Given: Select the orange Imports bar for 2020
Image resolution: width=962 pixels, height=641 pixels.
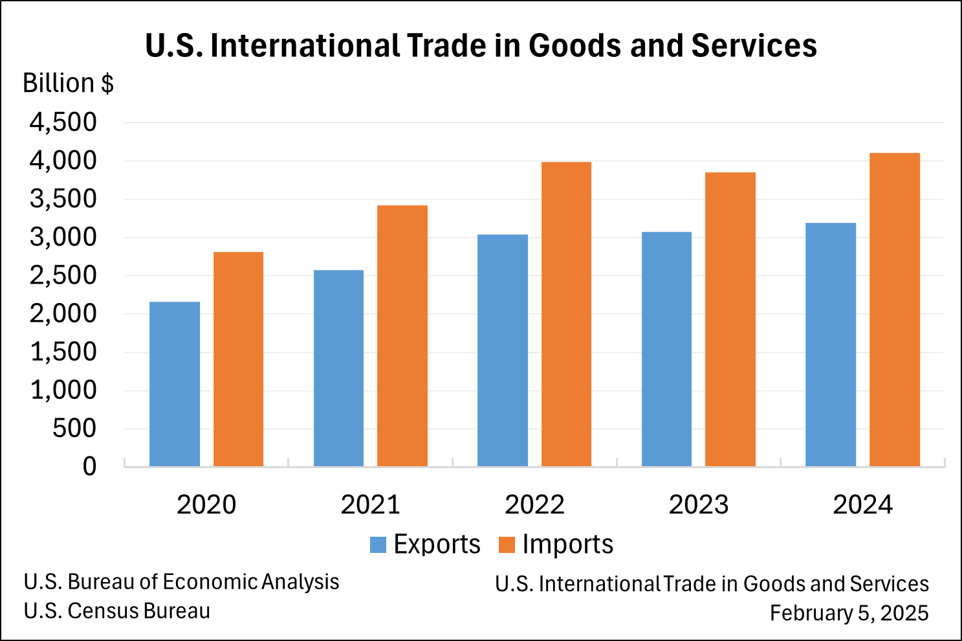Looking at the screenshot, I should (238, 359).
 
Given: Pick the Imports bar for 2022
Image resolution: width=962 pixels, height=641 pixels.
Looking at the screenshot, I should (566, 314).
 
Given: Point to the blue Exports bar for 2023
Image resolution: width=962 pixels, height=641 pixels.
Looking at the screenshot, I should (666, 349).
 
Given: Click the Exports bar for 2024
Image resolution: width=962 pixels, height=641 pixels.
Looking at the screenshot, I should (831, 344).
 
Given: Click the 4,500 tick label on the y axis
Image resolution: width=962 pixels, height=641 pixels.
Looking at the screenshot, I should (63, 122).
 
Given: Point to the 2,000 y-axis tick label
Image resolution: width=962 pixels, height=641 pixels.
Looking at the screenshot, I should (63, 313).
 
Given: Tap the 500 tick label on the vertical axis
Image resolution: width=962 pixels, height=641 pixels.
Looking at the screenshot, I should (74, 428).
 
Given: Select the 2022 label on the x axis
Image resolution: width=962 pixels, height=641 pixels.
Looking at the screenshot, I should (534, 505).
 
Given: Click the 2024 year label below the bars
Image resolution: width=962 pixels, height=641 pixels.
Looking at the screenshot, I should (862, 505).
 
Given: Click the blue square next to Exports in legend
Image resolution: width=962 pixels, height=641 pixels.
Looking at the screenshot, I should (378, 545).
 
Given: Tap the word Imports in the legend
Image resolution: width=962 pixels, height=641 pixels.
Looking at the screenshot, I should (567, 545).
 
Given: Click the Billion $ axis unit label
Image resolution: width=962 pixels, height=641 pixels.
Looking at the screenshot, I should (68, 84).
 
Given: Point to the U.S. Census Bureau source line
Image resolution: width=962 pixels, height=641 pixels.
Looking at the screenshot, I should (117, 611).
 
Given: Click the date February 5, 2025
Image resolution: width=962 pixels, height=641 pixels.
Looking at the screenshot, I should (849, 613).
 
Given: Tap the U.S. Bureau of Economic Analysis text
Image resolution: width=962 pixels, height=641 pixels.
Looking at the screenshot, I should (181, 582).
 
